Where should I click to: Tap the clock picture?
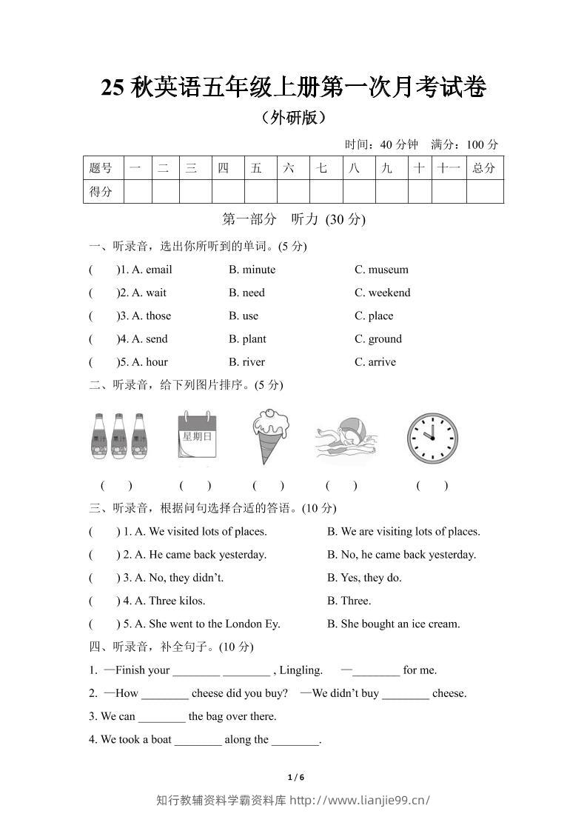click(432, 438)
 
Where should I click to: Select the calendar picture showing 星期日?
click(197, 438)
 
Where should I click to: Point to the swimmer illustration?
click(346, 441)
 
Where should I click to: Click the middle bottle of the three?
click(118, 437)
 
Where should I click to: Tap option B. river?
click(246, 362)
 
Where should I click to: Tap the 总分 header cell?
click(484, 168)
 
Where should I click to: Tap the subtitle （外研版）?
click(294, 117)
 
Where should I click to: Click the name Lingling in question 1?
click(301, 670)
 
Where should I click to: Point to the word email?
click(158, 270)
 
